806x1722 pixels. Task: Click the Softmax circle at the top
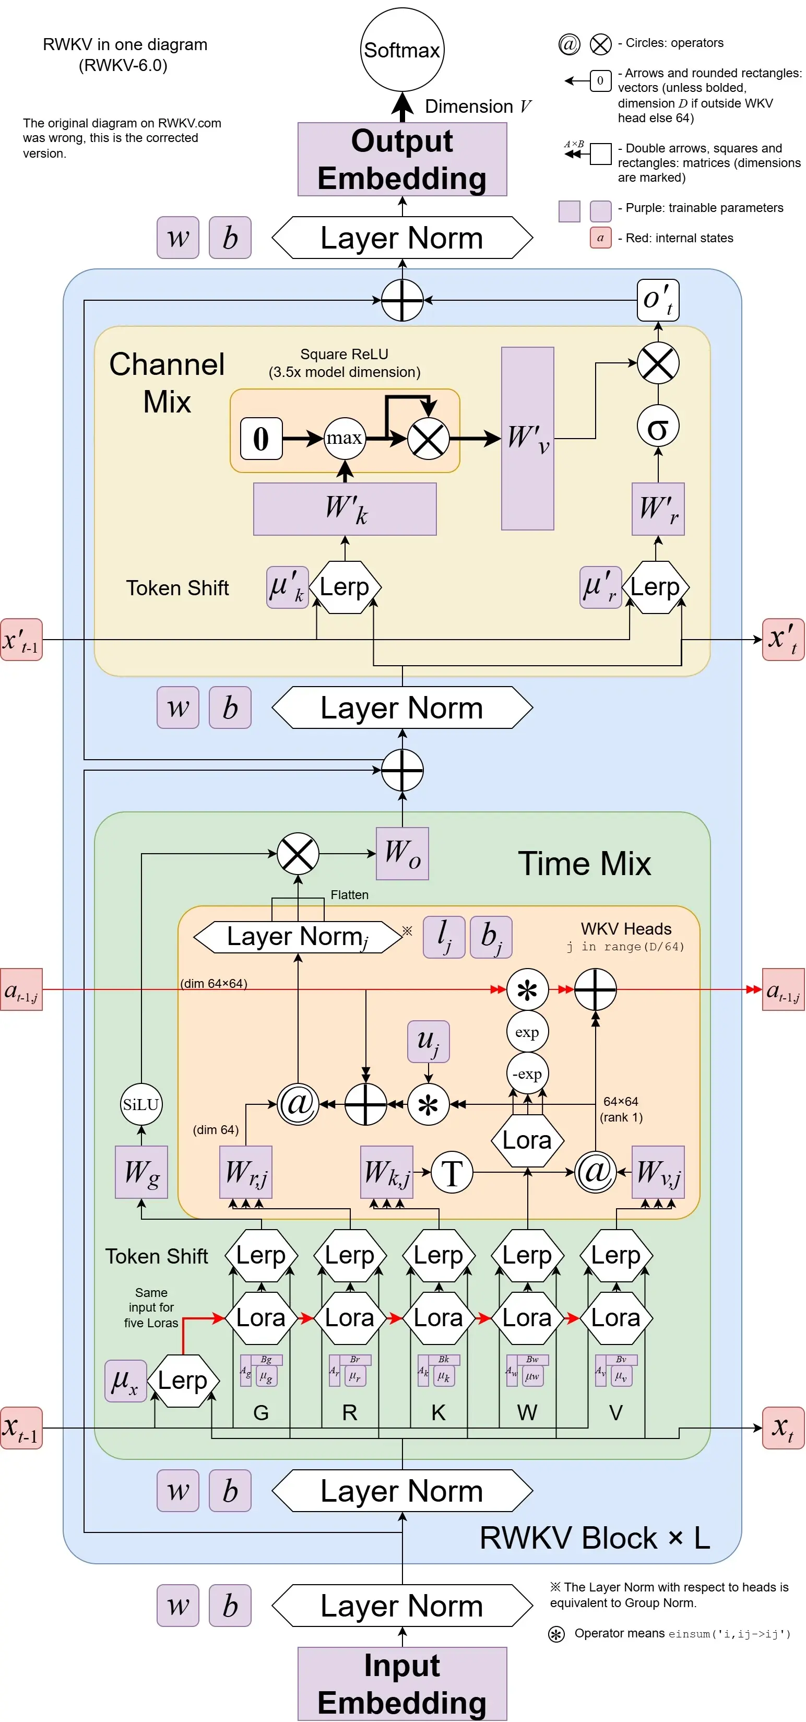(x=401, y=50)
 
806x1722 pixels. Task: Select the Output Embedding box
(x=401, y=159)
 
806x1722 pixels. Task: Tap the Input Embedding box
(x=401, y=1683)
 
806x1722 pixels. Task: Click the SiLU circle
(x=141, y=1104)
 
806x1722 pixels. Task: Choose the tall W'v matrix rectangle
(x=527, y=438)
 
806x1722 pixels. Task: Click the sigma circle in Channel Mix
(x=658, y=427)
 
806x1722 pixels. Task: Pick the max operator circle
(x=345, y=438)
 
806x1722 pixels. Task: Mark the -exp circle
(x=527, y=1074)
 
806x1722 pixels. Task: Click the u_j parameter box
(x=429, y=1041)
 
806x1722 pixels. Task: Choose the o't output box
(x=658, y=300)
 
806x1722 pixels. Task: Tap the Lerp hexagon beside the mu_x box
(x=183, y=1381)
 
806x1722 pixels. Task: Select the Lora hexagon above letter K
(x=438, y=1317)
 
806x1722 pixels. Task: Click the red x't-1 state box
(x=21, y=640)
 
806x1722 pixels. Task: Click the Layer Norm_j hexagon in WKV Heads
(x=298, y=937)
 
